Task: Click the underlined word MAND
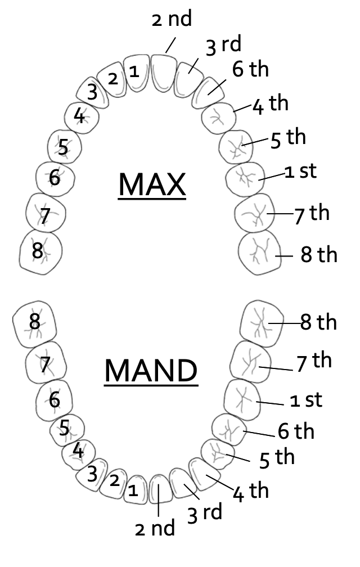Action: pos(151,371)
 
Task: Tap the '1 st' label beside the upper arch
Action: pos(301,172)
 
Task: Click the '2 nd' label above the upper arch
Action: pos(172,19)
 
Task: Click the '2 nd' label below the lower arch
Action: pos(155,528)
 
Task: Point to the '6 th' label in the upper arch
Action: pos(250,70)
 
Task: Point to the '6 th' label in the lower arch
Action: pos(296,431)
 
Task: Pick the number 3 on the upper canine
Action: pos(92,93)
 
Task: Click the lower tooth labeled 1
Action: pos(133,490)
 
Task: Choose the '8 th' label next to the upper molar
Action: pos(319,255)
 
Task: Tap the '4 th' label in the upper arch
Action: pos(270,105)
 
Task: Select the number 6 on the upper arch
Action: pos(55,177)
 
